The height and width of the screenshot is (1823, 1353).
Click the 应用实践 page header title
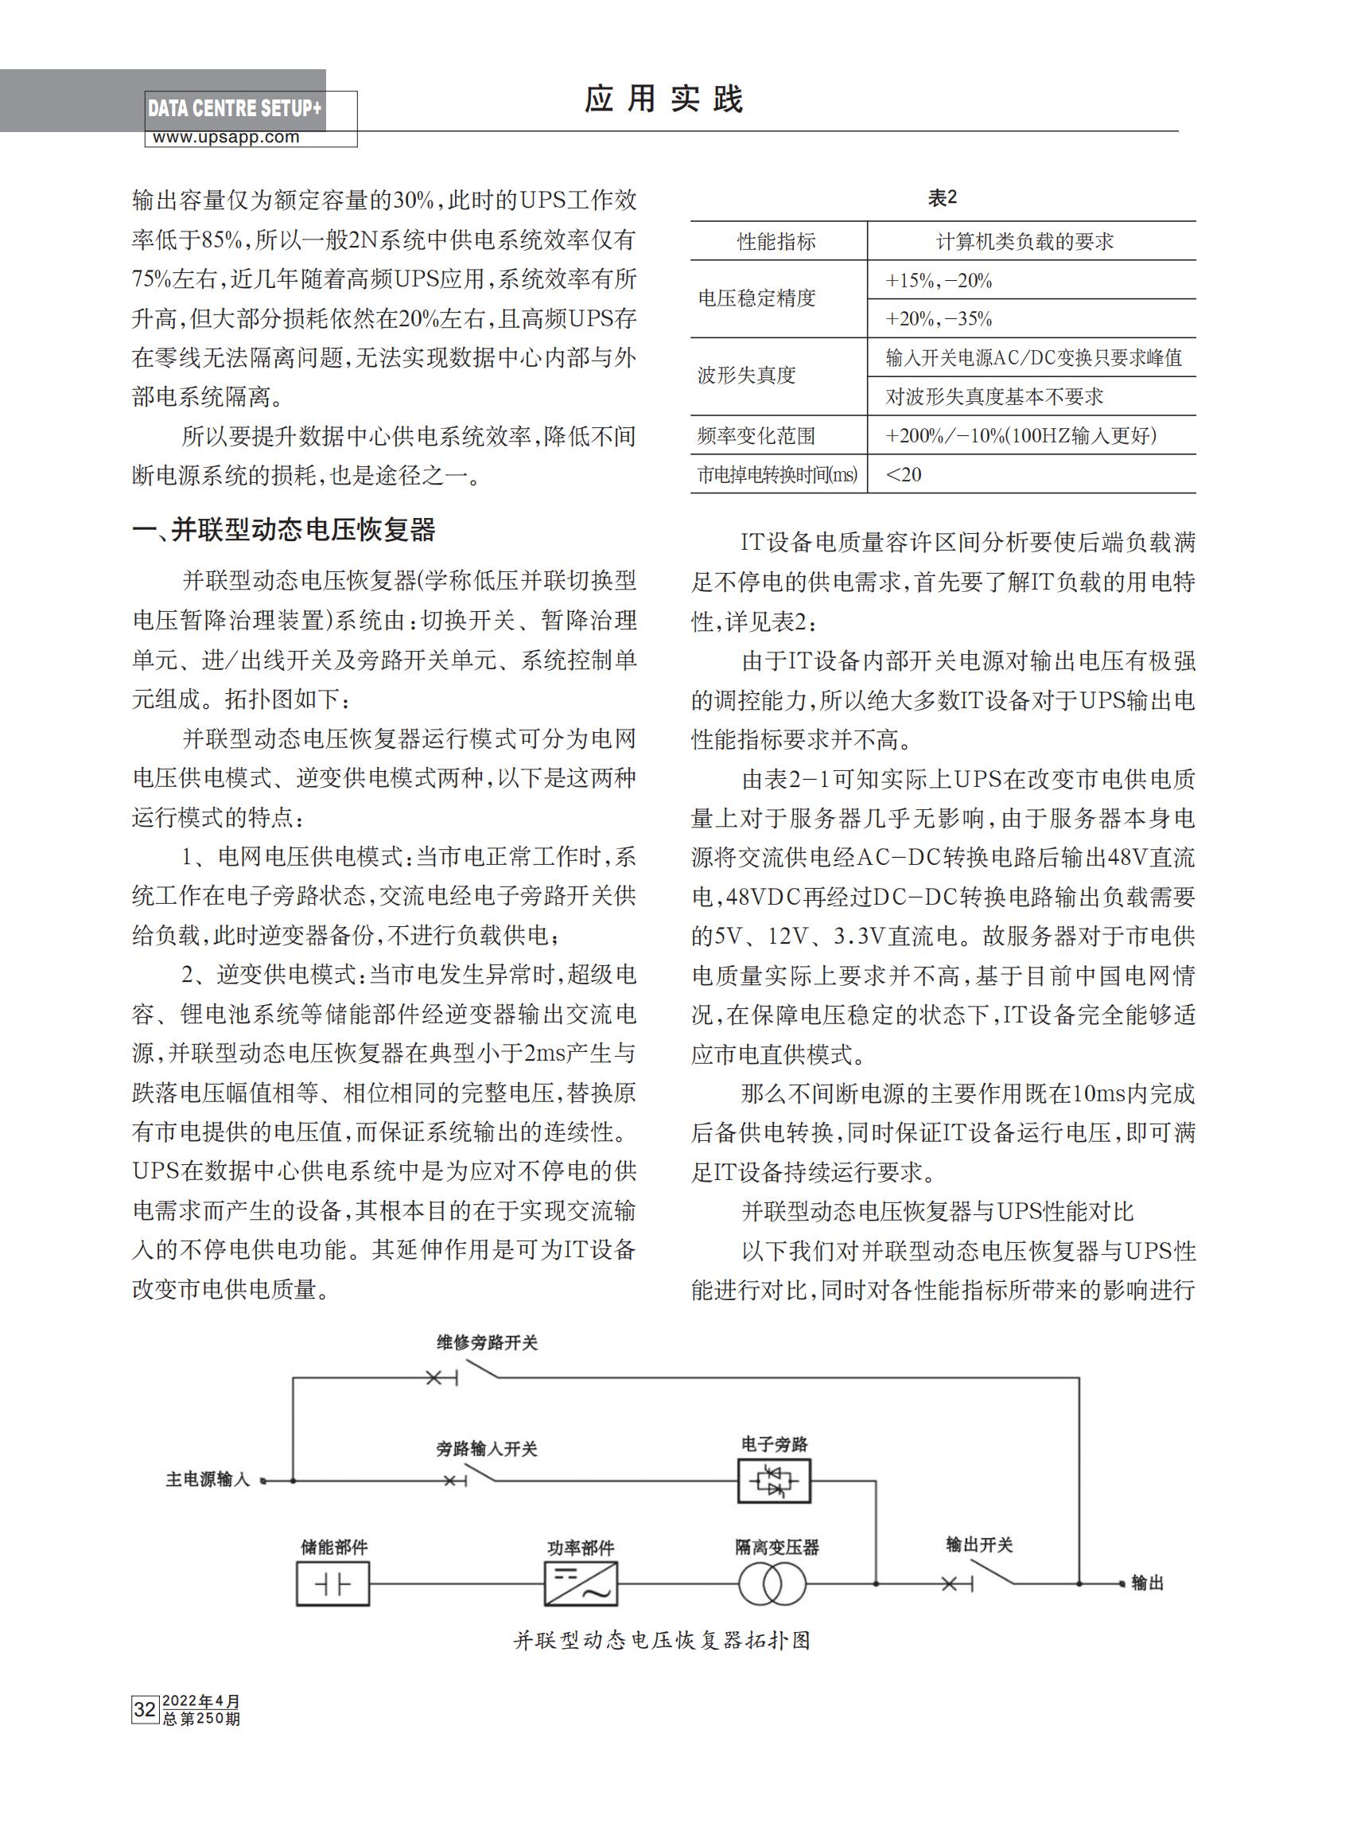coord(663,100)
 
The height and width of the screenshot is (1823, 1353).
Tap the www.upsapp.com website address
coord(226,138)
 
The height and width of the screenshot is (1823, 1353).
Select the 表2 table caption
coord(942,197)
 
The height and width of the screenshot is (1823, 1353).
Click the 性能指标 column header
coord(776,242)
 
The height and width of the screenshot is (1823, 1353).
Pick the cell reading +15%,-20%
coord(939,281)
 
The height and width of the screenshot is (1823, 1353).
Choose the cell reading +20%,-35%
coord(939,319)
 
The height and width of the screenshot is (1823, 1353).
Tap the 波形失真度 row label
coord(746,376)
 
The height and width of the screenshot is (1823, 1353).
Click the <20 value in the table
coord(904,474)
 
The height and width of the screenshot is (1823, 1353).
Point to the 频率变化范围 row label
coord(756,436)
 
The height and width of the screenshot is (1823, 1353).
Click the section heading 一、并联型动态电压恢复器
coord(283,530)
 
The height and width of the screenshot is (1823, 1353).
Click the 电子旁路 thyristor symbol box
coord(774,1481)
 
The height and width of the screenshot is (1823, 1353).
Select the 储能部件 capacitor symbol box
coord(332,1583)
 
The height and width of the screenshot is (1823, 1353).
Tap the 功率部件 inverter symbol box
coord(581,1583)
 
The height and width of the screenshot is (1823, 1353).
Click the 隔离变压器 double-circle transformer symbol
coord(773,1583)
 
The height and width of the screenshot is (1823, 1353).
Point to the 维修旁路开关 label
coord(487,1343)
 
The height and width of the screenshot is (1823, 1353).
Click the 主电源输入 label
coord(208,1480)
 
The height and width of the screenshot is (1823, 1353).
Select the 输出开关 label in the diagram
coord(978,1545)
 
